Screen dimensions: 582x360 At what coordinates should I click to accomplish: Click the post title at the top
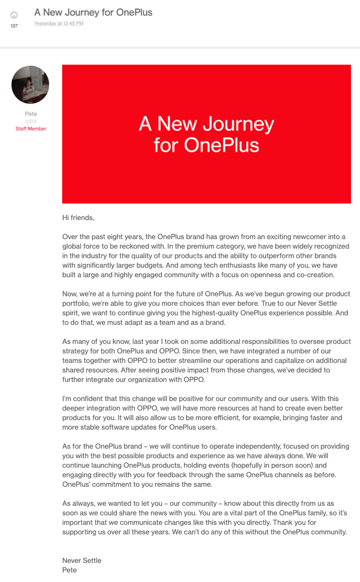click(93, 12)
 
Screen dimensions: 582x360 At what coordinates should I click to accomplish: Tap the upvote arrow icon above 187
click(14, 16)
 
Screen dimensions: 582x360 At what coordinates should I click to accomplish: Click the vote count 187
click(14, 26)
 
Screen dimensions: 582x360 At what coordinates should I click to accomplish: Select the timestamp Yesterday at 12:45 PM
click(59, 24)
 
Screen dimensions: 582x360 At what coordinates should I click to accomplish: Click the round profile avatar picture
click(30, 85)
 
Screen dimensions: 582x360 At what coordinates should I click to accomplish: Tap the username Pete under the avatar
click(31, 114)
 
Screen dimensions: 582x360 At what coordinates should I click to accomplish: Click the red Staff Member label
click(31, 129)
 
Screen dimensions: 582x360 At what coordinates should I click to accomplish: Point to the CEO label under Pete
click(31, 121)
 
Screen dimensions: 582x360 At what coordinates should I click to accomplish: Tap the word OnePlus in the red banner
click(221, 145)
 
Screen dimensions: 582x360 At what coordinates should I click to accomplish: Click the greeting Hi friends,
click(78, 218)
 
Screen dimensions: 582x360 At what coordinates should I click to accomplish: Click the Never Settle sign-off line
click(82, 560)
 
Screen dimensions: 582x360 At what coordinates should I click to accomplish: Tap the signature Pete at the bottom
click(69, 570)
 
